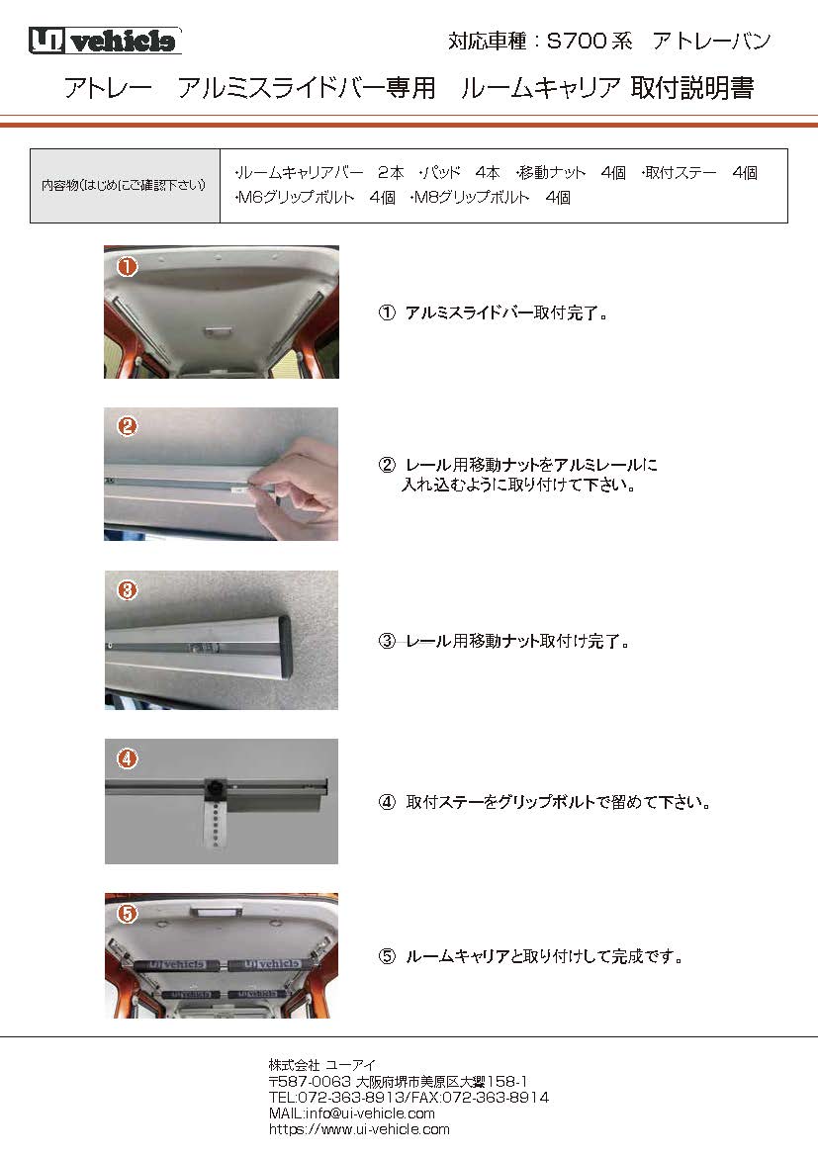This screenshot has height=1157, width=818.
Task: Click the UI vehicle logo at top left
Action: (x=104, y=41)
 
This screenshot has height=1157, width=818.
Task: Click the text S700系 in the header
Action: (x=583, y=42)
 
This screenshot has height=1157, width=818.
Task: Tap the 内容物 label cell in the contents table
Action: (x=124, y=186)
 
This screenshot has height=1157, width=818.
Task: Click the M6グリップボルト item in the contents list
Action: (x=294, y=198)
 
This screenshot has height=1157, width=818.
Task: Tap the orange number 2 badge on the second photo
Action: (x=127, y=427)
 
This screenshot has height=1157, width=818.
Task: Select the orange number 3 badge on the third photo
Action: (x=127, y=590)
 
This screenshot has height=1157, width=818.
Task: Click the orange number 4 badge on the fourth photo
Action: (x=127, y=759)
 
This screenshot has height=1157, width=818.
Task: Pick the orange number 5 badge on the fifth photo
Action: (x=127, y=914)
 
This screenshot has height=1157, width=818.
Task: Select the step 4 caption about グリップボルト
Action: (x=558, y=802)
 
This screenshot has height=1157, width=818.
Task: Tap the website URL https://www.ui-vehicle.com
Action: (x=359, y=1128)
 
